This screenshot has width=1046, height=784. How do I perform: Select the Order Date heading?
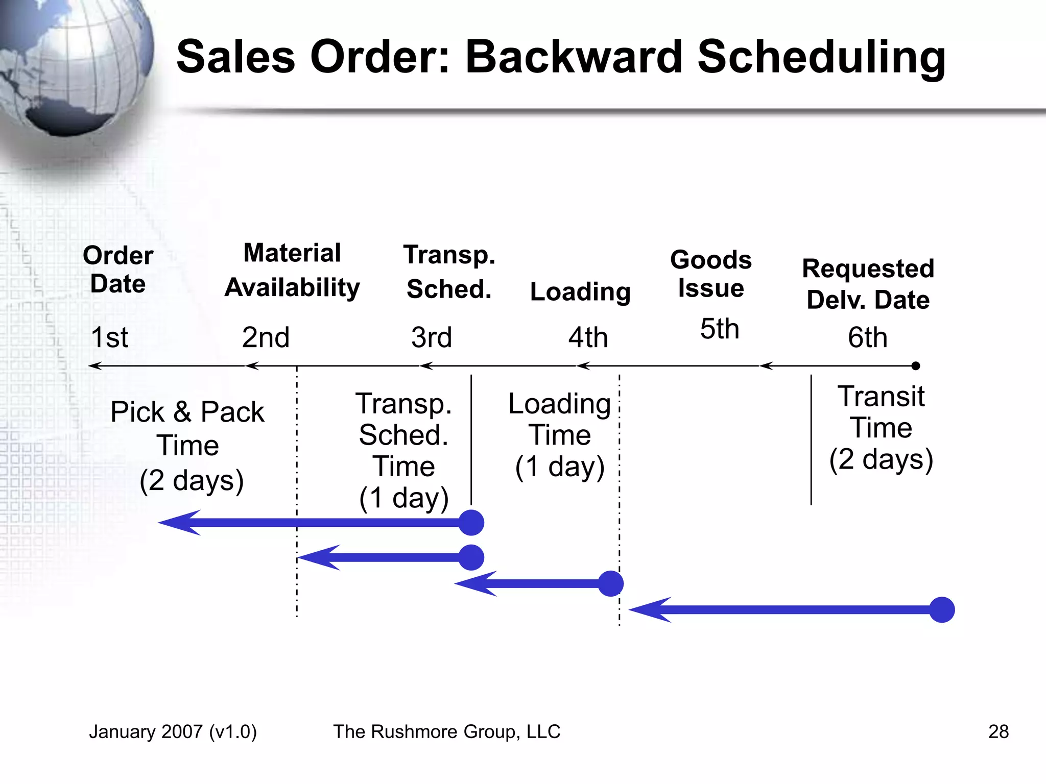[118, 269]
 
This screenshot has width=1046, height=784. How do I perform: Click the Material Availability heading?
[292, 270]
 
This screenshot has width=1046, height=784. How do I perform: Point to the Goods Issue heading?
[710, 274]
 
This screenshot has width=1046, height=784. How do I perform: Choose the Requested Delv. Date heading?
[868, 284]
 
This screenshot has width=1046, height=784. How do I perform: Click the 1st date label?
[109, 337]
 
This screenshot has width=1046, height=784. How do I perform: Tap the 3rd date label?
[432, 337]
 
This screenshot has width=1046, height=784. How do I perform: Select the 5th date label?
[719, 329]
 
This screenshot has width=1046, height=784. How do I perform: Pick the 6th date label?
[867, 337]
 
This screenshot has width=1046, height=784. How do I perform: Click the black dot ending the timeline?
[916, 366]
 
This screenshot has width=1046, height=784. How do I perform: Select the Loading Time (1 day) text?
[560, 435]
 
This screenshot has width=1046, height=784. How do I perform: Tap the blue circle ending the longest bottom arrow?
[942, 609]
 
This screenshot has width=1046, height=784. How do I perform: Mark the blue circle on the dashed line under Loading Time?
[611, 583]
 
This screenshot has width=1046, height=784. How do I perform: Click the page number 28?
[998, 731]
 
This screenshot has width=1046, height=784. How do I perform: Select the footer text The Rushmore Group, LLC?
[447, 731]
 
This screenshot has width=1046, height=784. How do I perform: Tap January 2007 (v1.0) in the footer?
[173, 731]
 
